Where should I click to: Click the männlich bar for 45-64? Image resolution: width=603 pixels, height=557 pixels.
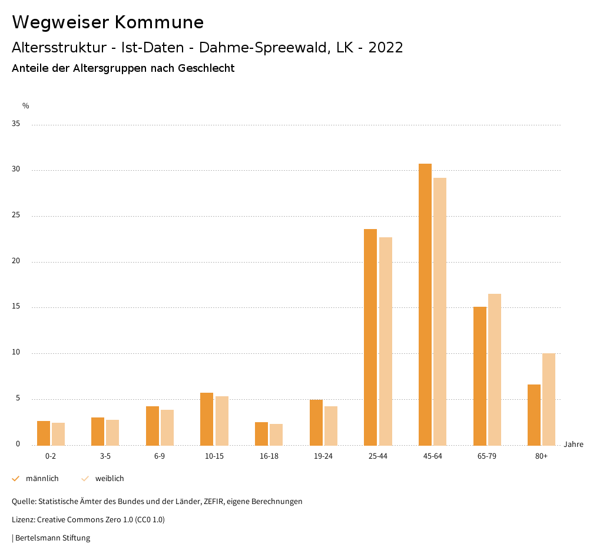pos(425,304)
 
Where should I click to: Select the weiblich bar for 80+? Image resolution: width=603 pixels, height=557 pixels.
pos(549,399)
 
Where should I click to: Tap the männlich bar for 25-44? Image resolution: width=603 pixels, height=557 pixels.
pos(370,337)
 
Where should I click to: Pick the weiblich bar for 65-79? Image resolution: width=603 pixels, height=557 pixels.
pos(495,369)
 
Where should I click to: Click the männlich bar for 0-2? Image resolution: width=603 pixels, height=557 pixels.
pos(44,433)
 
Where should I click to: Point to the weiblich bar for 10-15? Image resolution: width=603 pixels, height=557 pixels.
pos(222,420)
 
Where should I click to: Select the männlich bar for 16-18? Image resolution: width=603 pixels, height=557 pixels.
pos(261,433)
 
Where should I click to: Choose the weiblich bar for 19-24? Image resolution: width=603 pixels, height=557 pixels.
pos(331,425)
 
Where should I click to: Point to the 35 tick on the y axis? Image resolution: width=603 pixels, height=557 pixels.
pos(16,124)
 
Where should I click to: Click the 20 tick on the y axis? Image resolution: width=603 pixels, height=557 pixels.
pos(16,261)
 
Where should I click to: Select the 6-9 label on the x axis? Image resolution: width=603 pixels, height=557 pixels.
pos(160,456)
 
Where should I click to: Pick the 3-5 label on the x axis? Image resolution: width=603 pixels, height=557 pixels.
pos(105,456)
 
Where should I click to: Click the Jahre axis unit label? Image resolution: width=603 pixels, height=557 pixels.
pos(574,445)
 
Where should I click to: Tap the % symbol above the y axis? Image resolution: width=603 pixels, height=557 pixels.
pos(26,106)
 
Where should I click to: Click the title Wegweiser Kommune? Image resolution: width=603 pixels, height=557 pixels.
pos(108,22)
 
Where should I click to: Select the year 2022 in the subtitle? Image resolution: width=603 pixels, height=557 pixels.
pos(386,48)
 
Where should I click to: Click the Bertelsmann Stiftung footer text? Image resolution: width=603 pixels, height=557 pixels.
pos(52,538)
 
